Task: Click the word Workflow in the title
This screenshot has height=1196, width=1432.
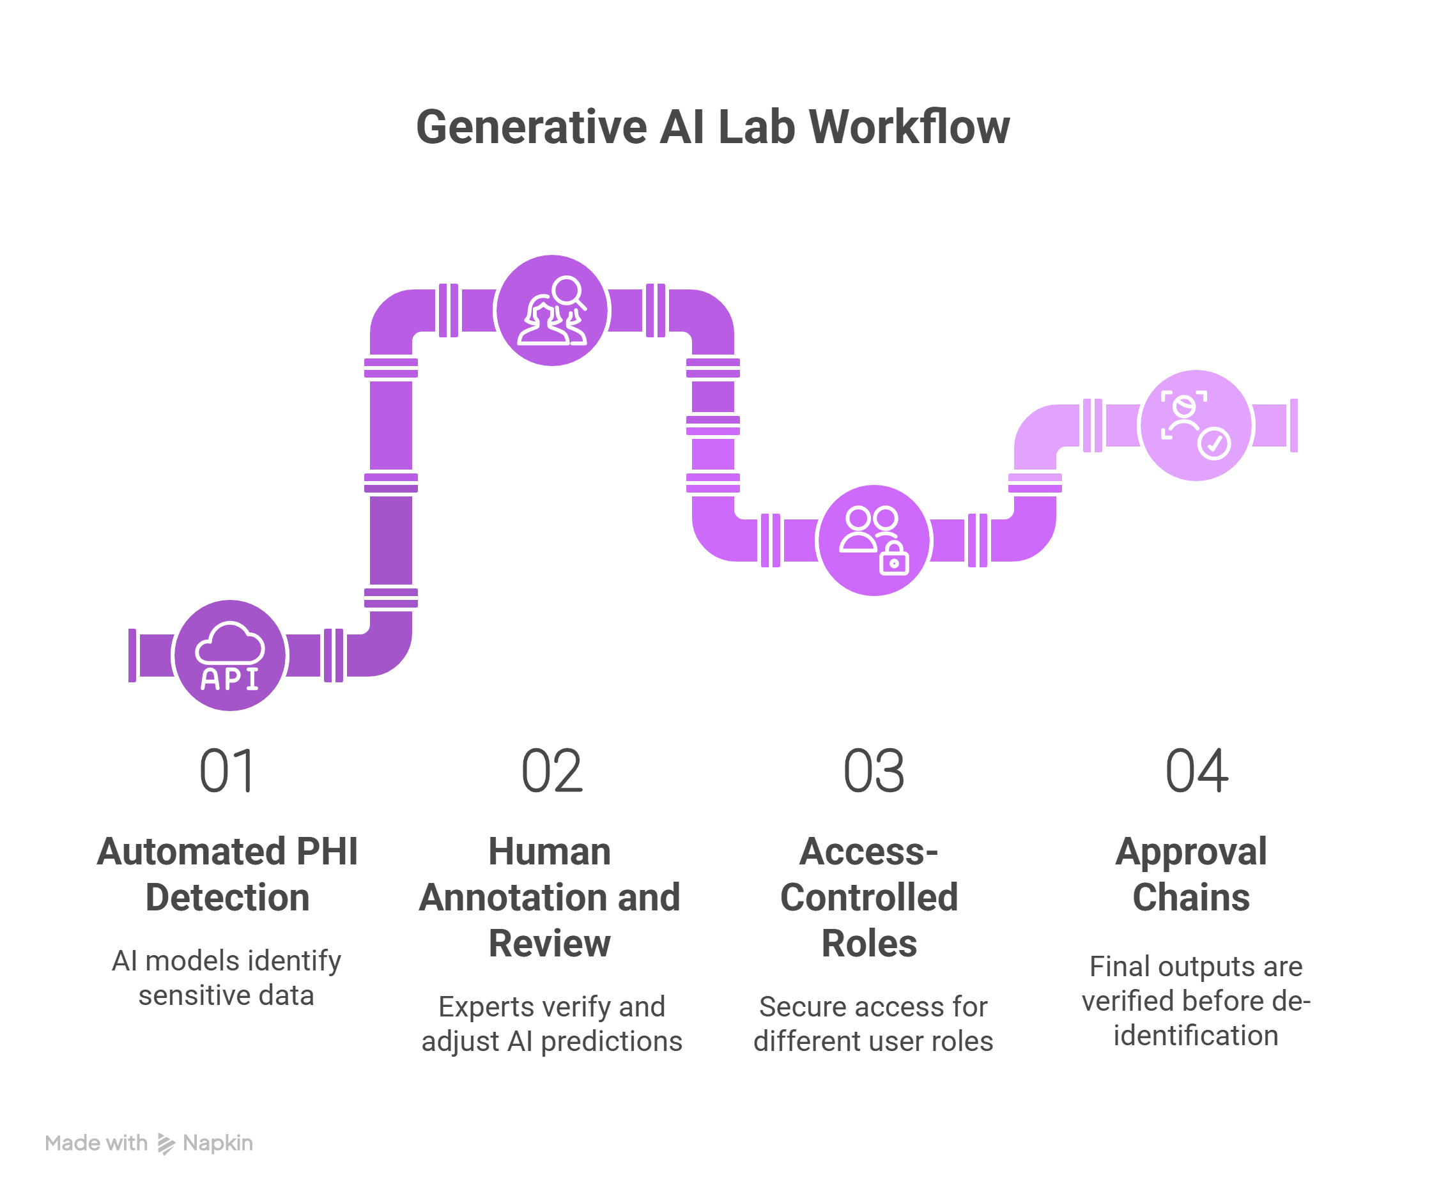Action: point(910,127)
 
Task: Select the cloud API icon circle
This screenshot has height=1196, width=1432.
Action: point(230,655)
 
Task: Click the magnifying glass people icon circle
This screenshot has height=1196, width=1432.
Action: point(552,310)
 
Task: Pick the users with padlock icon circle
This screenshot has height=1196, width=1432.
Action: point(874,540)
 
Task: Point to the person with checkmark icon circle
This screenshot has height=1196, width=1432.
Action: point(1196,425)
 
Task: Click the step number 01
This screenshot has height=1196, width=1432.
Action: point(227,770)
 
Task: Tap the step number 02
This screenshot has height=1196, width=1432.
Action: point(551,770)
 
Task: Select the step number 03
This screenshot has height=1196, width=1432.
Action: point(874,770)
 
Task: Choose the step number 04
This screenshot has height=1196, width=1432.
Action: point(1197,770)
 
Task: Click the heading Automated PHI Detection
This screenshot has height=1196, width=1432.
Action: point(227,874)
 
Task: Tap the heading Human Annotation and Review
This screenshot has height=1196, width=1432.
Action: point(550,898)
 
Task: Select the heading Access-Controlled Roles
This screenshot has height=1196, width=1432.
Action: point(870,898)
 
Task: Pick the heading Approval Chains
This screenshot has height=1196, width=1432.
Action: point(1191,874)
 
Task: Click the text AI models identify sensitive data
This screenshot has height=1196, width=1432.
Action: point(226,977)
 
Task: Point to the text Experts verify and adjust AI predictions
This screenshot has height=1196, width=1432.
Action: point(551,1024)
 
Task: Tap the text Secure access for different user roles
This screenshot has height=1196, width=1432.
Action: point(874,1024)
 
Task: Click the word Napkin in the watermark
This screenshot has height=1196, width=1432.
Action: point(218,1143)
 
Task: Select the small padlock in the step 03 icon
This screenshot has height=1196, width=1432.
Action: point(894,559)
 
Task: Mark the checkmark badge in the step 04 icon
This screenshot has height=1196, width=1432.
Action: point(1215,444)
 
